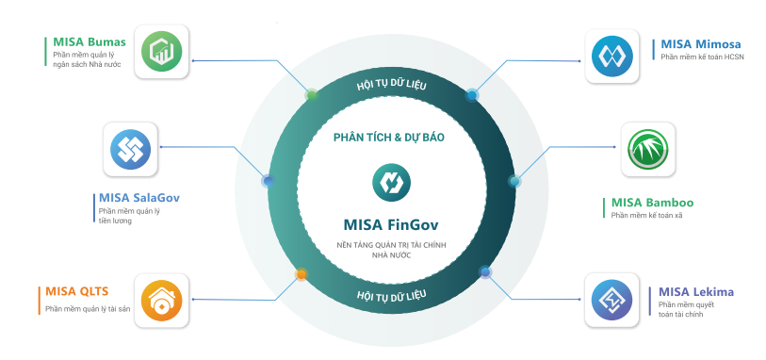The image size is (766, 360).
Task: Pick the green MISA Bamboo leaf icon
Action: (649, 149)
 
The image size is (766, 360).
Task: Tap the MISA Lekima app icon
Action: (612, 302)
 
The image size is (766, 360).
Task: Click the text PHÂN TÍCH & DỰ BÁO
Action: (388, 137)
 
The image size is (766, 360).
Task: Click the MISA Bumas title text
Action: (86, 43)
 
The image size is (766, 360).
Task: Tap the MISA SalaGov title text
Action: (139, 198)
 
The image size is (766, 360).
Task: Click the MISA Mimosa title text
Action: (700, 43)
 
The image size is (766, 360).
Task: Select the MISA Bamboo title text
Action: (652, 202)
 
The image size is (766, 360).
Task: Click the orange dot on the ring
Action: (302, 274)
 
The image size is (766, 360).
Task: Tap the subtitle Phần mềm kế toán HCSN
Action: (701, 57)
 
